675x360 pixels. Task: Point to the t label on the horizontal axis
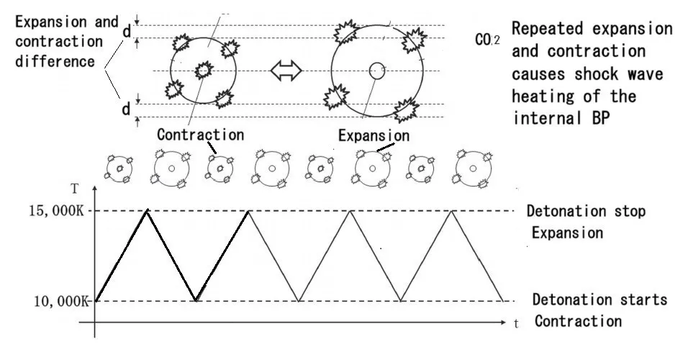[x=516, y=324]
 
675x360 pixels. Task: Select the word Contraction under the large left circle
[x=200, y=135]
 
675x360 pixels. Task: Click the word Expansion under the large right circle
[x=374, y=135]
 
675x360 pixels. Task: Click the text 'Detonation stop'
[x=586, y=212]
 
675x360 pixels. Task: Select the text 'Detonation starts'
[x=599, y=300]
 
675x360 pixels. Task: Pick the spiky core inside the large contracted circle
[x=203, y=71]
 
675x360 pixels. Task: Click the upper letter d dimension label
[x=126, y=32]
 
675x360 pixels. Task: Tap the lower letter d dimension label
[x=126, y=110]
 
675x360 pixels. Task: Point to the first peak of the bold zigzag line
[x=148, y=210]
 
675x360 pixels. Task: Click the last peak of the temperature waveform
[x=451, y=210]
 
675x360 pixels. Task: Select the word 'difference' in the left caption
[x=55, y=60]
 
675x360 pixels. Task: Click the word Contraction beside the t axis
[x=577, y=322]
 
